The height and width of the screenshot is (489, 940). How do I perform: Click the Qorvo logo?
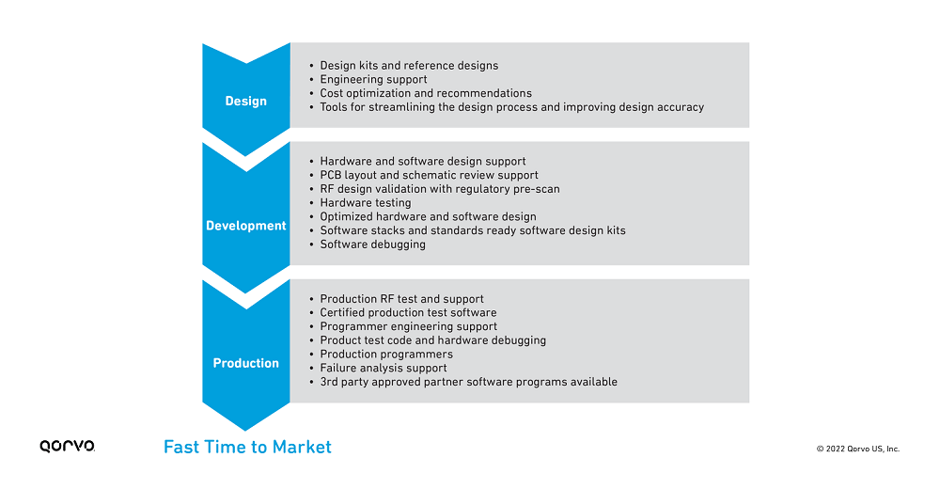point(67,446)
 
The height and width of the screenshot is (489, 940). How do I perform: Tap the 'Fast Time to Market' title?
point(247,447)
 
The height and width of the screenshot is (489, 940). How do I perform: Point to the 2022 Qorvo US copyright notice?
point(858,449)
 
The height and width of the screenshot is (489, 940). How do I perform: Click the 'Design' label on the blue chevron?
point(245,101)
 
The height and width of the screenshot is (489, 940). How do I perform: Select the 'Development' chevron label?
point(245,226)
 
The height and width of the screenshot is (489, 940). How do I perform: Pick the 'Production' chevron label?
point(245,363)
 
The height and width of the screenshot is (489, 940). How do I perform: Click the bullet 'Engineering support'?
point(373,80)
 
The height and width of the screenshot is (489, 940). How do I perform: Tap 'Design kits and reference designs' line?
point(409,66)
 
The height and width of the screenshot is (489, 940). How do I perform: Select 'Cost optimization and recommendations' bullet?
point(426,94)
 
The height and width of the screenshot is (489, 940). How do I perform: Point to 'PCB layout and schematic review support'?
point(429,175)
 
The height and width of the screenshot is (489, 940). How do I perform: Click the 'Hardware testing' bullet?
point(366,203)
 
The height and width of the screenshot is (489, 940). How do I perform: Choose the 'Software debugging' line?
point(373,244)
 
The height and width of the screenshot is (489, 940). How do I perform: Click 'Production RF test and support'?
point(401,299)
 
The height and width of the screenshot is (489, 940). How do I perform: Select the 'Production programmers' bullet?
point(386,354)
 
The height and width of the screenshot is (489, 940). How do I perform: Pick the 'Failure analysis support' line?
point(384,368)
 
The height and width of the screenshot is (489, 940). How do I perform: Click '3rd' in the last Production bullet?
point(328,382)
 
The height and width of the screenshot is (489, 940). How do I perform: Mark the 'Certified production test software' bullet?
point(408,312)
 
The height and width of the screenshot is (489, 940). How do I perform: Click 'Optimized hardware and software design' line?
point(428,216)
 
